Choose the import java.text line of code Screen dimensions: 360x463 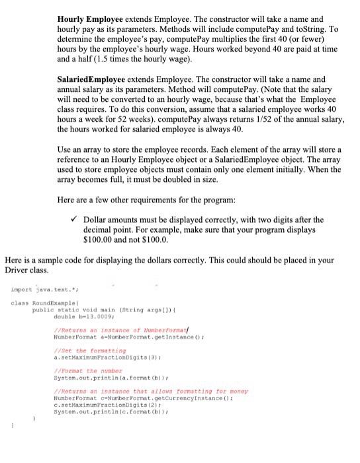pos(36,290)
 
